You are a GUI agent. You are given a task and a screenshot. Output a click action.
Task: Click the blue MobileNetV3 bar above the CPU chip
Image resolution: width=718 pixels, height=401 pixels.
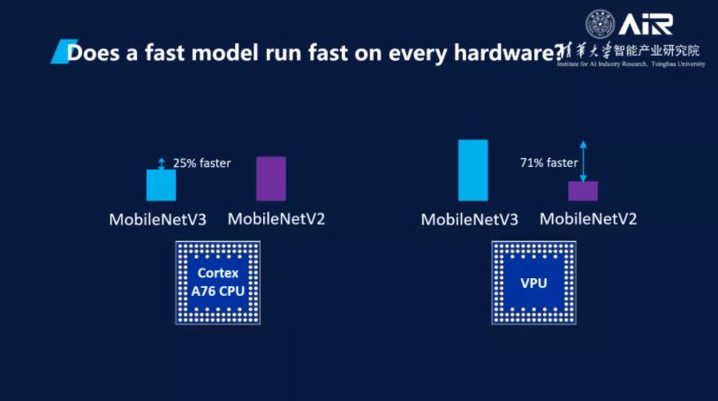[161, 185]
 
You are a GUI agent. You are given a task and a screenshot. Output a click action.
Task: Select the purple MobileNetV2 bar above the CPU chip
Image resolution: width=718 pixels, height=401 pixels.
[270, 178]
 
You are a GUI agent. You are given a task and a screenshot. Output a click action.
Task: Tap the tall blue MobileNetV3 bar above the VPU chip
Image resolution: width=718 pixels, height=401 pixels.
[472, 170]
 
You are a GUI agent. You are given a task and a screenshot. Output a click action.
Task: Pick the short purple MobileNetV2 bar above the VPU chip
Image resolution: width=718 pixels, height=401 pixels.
[582, 191]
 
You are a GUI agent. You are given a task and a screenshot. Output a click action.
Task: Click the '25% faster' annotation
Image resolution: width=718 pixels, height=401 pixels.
[201, 163]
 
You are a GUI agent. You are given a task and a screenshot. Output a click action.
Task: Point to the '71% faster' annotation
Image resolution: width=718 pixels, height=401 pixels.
[549, 163]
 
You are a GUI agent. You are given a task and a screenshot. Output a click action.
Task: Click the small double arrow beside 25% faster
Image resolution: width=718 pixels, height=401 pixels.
[161, 163]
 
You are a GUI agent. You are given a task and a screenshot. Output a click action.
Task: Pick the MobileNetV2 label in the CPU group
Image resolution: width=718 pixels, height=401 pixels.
[276, 218]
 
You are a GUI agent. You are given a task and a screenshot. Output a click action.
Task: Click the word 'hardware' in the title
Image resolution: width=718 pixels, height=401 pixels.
[503, 53]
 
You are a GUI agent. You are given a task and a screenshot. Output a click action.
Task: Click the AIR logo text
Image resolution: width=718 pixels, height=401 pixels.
[647, 24]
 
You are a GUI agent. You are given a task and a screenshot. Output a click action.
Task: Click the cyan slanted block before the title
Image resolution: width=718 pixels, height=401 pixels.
[59, 53]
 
